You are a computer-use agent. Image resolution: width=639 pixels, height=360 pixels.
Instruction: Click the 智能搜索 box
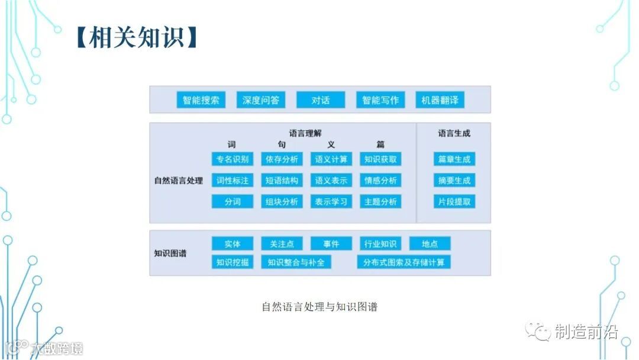tap(201, 100)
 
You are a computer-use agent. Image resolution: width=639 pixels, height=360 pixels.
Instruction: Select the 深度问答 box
tap(261, 100)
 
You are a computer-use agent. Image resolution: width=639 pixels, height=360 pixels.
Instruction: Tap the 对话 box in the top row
tap(321, 100)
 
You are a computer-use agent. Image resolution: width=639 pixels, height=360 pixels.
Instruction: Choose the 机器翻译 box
tap(440, 100)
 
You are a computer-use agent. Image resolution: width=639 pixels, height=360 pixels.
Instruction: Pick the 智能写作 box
tap(380, 100)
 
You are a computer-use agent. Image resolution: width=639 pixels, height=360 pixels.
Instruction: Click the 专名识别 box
tap(233, 159)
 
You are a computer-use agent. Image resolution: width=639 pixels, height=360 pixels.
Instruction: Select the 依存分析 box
tap(282, 159)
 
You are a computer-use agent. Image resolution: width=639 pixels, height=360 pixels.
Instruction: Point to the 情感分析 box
tap(380, 181)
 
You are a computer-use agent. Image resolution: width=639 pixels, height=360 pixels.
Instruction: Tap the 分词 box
tap(233, 202)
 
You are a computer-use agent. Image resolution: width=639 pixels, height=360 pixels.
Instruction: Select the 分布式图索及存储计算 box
tap(404, 262)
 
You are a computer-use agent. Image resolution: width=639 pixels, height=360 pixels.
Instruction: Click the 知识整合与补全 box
tap(296, 262)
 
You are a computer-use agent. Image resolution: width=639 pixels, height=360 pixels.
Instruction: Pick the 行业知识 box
tap(380, 244)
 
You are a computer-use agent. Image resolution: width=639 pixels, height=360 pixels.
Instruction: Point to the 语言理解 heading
tap(305, 133)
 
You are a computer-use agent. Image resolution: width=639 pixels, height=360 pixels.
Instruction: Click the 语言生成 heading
tap(454, 133)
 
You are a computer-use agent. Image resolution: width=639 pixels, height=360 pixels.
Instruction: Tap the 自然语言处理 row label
tap(178, 181)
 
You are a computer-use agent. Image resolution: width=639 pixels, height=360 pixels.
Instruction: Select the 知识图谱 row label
tap(170, 253)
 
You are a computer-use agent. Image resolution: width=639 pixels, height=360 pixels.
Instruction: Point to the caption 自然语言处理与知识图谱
tap(319, 307)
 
